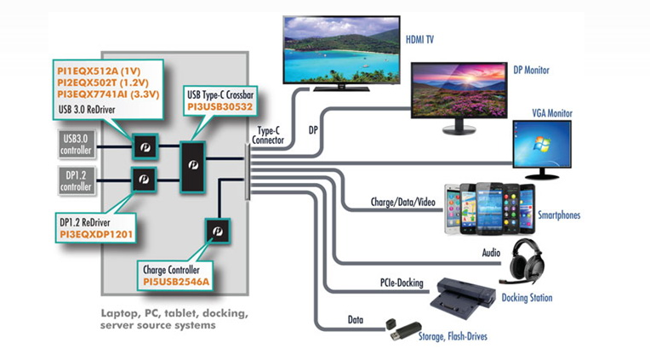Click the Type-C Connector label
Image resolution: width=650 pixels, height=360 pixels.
pos(270,135)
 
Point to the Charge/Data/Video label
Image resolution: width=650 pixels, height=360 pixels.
pos(403,204)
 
